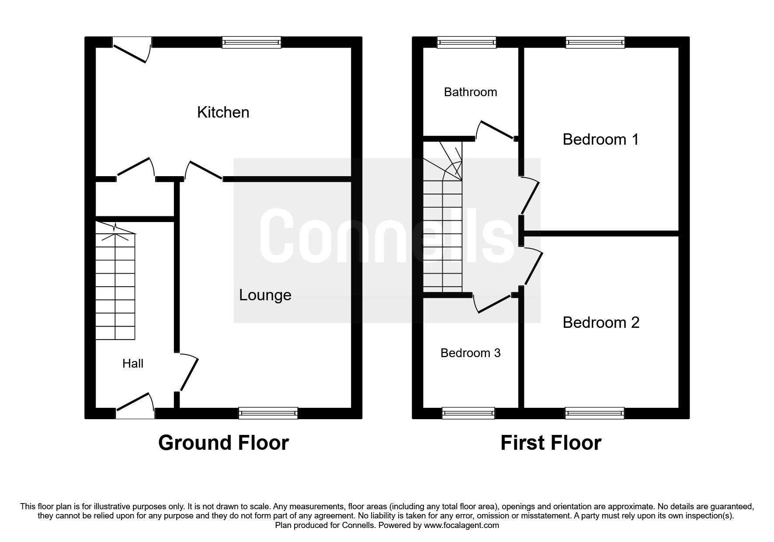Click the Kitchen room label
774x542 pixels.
pyautogui.click(x=223, y=112)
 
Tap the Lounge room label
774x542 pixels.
pyautogui.click(x=265, y=295)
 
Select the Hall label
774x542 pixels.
pyautogui.click(x=133, y=363)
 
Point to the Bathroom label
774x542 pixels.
pyautogui.click(x=470, y=92)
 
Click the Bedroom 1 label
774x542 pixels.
pyautogui.click(x=600, y=139)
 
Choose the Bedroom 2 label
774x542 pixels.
pyautogui.click(x=601, y=323)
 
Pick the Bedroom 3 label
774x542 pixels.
pyautogui.click(x=470, y=353)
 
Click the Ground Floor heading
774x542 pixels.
pyautogui.click(x=223, y=443)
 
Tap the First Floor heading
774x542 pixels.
pyautogui.click(x=551, y=443)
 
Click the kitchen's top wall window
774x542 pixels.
pyautogui.click(x=251, y=42)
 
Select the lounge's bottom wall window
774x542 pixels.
pyautogui.click(x=268, y=413)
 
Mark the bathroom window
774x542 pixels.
pyautogui.click(x=467, y=42)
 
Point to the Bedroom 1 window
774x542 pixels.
pyautogui.click(x=595, y=42)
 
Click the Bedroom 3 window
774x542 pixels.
pyautogui.click(x=468, y=413)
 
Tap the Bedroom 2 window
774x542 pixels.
pyautogui.click(x=595, y=413)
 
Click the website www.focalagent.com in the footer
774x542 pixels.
pyautogui.click(x=461, y=525)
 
